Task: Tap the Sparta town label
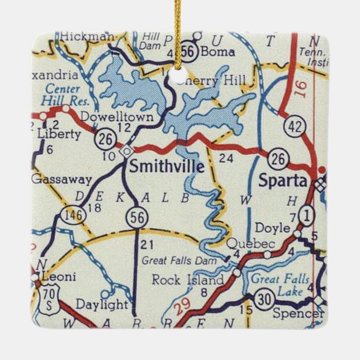(x=283, y=181)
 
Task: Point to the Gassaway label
(x=53, y=179)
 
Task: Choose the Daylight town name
(x=102, y=304)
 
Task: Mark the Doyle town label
(x=272, y=228)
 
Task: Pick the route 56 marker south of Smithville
(x=136, y=217)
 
